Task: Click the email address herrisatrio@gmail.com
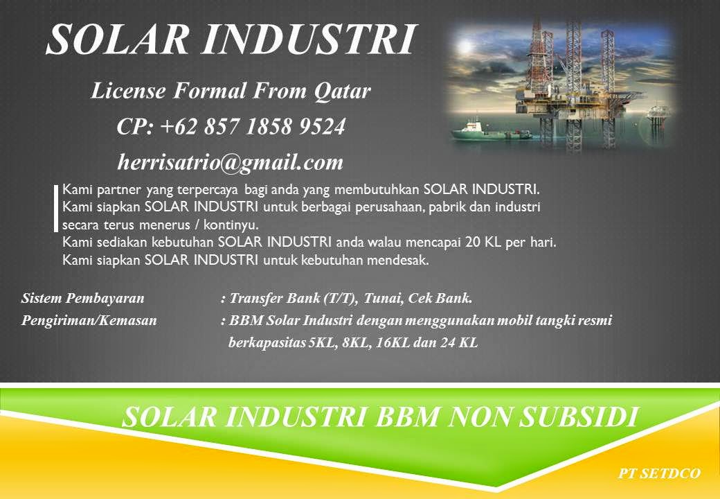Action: [x=231, y=162]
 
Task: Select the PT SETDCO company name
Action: [x=660, y=473]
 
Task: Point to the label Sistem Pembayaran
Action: [x=83, y=299]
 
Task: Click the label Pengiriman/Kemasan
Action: [x=89, y=321]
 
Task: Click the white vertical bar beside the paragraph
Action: [x=55, y=207]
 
